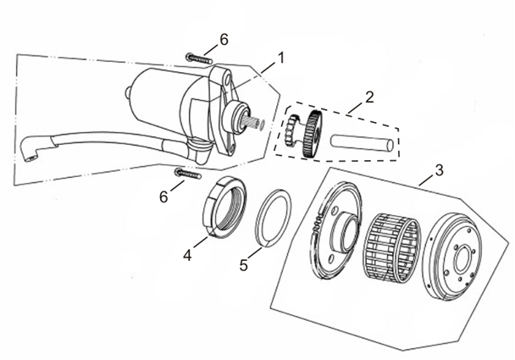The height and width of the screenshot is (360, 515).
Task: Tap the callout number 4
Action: pos(187,252)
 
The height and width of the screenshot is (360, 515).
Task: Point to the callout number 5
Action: pos(244,264)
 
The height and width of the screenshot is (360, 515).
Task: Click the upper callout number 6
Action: pos(224,40)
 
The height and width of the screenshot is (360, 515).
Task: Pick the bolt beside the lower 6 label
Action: pos(187,174)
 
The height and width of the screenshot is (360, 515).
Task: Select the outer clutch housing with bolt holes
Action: pos(458,259)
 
